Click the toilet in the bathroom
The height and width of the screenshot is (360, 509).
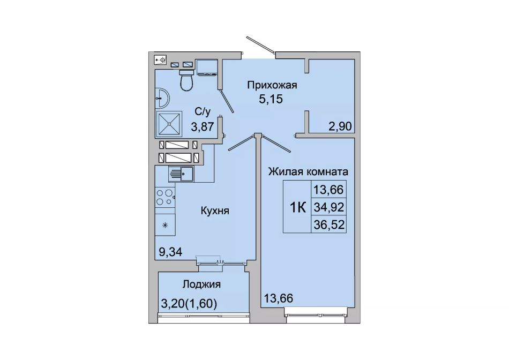coord(186,80)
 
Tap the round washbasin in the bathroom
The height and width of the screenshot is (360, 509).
coord(162,97)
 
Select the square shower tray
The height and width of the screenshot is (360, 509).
coord(169,124)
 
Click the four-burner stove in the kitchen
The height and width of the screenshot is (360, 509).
coord(165,197)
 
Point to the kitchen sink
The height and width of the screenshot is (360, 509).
coord(181,174)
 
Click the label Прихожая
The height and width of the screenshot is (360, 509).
coord(272,85)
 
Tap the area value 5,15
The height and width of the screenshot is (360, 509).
coord(271,99)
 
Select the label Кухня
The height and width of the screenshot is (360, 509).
coord(215,211)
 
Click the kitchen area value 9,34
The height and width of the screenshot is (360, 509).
coord(170,251)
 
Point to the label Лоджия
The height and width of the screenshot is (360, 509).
coord(201,284)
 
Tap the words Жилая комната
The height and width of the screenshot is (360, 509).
coord(308,171)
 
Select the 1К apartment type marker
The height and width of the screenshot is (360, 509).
coord(298,207)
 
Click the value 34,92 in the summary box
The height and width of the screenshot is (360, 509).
coord(329,207)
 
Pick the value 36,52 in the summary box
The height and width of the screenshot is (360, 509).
coord(329,224)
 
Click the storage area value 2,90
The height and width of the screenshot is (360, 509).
coord(340,126)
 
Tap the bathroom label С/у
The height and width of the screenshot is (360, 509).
coord(203,111)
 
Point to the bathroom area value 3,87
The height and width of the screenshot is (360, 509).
coord(202,126)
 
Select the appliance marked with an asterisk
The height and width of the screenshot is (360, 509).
coord(165,224)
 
